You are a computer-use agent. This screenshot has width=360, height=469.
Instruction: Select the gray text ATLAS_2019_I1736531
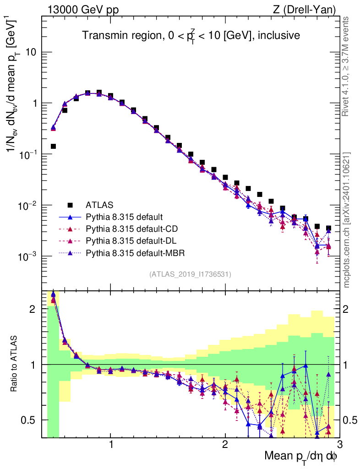click(x=190, y=274)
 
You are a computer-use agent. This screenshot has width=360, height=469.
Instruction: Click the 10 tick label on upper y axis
click(x=31, y=52)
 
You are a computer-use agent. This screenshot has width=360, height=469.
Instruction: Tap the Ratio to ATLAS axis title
click(x=15, y=365)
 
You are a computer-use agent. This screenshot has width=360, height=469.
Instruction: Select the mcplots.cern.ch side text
click(x=347, y=220)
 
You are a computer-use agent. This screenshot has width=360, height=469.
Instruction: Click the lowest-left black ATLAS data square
click(x=53, y=147)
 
